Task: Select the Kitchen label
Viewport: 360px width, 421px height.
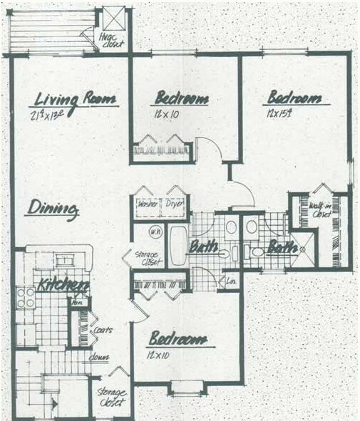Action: pos(63,284)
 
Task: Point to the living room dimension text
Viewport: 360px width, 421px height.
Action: pos(52,115)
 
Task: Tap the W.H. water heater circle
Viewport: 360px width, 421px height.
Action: pos(154,232)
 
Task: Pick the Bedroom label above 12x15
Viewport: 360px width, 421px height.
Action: pos(294,98)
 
